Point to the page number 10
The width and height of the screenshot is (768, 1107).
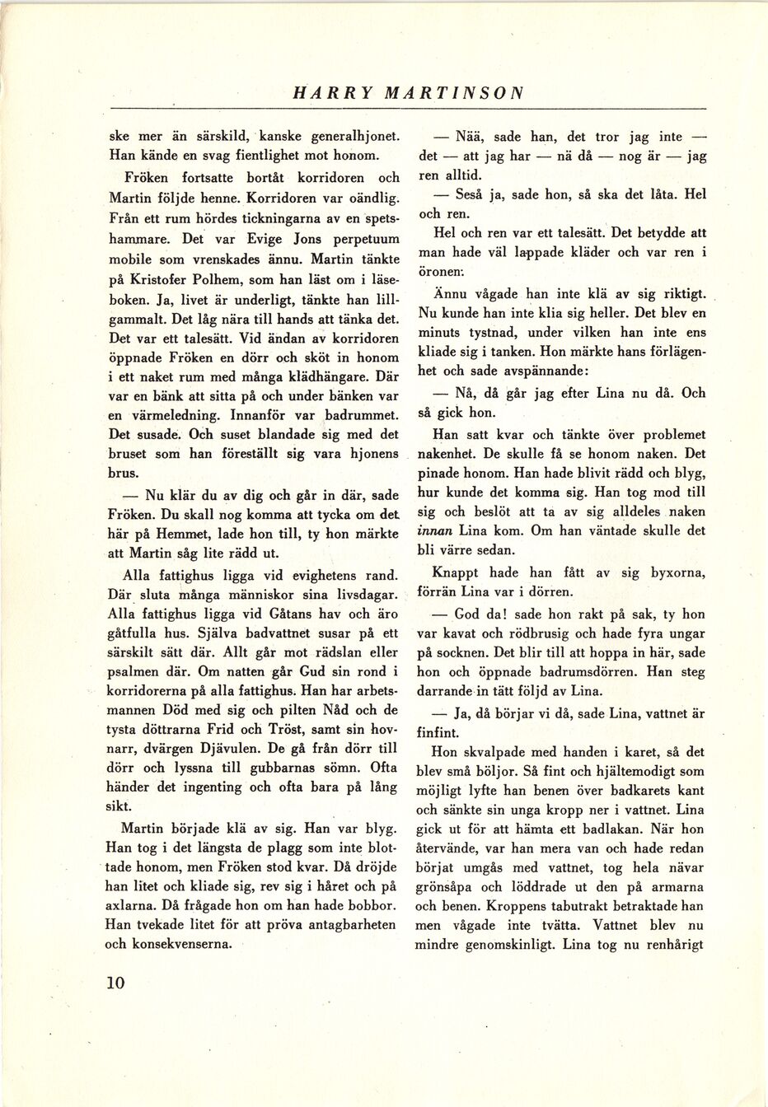pyautogui.click(x=115, y=982)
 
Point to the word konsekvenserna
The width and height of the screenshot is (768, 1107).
pyautogui.click(x=174, y=943)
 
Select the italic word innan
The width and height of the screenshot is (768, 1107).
pyautogui.click(x=435, y=531)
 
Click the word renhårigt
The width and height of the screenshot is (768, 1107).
pyautogui.click(x=670, y=944)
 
